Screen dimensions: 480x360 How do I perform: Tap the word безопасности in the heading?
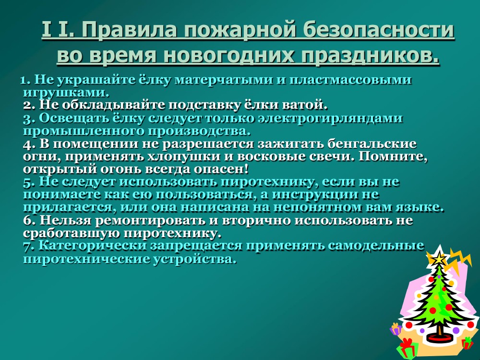379,30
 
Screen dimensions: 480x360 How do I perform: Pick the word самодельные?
376,246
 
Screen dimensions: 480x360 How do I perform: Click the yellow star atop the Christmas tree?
440,259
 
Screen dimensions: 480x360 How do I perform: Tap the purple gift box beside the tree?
396,329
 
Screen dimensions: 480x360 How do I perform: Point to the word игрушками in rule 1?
66,93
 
